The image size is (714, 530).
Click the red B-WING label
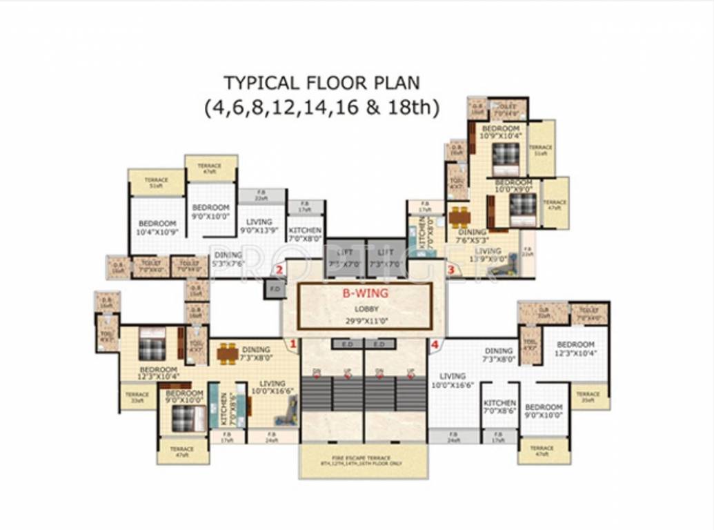366,293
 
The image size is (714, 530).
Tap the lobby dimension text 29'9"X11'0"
366,321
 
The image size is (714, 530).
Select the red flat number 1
292,343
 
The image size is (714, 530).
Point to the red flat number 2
279,269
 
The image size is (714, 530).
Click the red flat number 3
450,269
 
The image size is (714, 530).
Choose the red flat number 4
435,343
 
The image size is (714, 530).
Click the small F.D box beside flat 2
274,288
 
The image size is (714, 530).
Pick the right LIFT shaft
386,258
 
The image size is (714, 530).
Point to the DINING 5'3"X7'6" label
228,259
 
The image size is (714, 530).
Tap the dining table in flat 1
228,354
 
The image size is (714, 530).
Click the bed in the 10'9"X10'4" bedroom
506,154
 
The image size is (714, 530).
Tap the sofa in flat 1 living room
285,412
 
